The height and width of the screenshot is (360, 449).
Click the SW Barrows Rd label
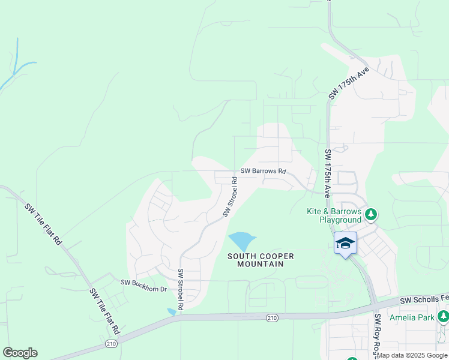click(264, 171)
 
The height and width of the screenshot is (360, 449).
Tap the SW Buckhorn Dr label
click(143, 282)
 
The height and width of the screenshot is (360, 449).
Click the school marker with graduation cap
click(345, 243)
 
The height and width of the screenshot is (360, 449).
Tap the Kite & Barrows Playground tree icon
click(372, 214)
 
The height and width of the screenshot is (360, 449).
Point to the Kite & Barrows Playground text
click(334, 216)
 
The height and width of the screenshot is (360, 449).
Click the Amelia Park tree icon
click(443, 316)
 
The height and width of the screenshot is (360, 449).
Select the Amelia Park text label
click(411, 317)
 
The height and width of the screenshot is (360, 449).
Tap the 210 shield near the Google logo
click(111, 343)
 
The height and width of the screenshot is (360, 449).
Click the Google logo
click(20, 352)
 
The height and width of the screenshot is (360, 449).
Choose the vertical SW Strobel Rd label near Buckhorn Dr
click(180, 289)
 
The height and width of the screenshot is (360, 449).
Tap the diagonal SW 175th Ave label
click(348, 83)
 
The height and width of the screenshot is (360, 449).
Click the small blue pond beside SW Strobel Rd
click(172, 311)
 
